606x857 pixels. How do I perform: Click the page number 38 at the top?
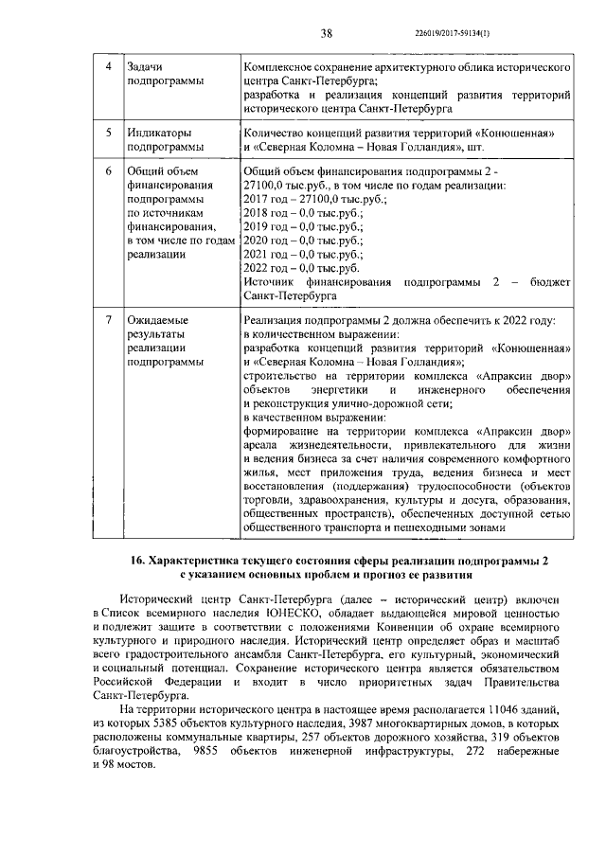click(x=327, y=34)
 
